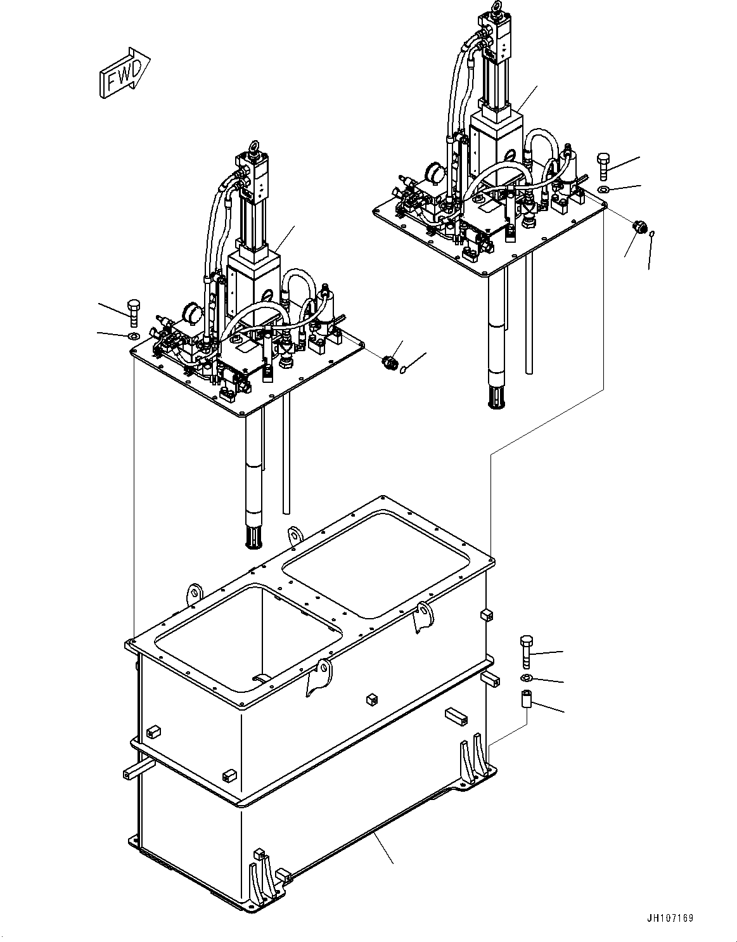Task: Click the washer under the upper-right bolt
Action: coord(603,189)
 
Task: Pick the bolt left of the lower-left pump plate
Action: coord(133,313)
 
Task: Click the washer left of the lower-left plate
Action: coord(133,335)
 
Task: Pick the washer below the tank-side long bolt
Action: coord(526,679)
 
